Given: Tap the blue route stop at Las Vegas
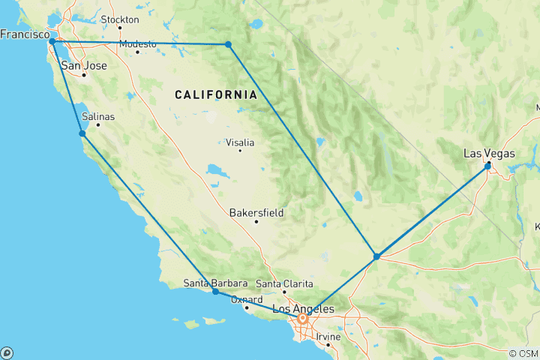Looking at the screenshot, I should (x=488, y=164).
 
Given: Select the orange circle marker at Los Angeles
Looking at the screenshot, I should (x=303, y=318).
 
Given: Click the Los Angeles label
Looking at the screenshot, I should (x=303, y=308).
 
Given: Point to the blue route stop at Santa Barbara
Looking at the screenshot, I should (x=215, y=291).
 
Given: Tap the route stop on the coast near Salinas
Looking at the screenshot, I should (x=82, y=133).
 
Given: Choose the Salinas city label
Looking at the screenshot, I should (x=97, y=116).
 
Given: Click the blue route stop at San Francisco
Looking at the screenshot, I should (x=52, y=42).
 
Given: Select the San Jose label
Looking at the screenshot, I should (x=83, y=65).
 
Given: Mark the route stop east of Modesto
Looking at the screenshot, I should (x=228, y=45).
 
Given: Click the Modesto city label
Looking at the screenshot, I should (x=137, y=43).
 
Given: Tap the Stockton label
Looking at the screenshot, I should (x=119, y=19).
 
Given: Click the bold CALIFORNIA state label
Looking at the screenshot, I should (x=215, y=94).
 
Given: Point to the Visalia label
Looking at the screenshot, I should (x=240, y=142).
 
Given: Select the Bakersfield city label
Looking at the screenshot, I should (x=256, y=213).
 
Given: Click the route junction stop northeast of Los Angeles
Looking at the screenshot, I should (x=376, y=256).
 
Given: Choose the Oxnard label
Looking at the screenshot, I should (x=246, y=299).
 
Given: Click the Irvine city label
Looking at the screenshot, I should (x=328, y=337).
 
